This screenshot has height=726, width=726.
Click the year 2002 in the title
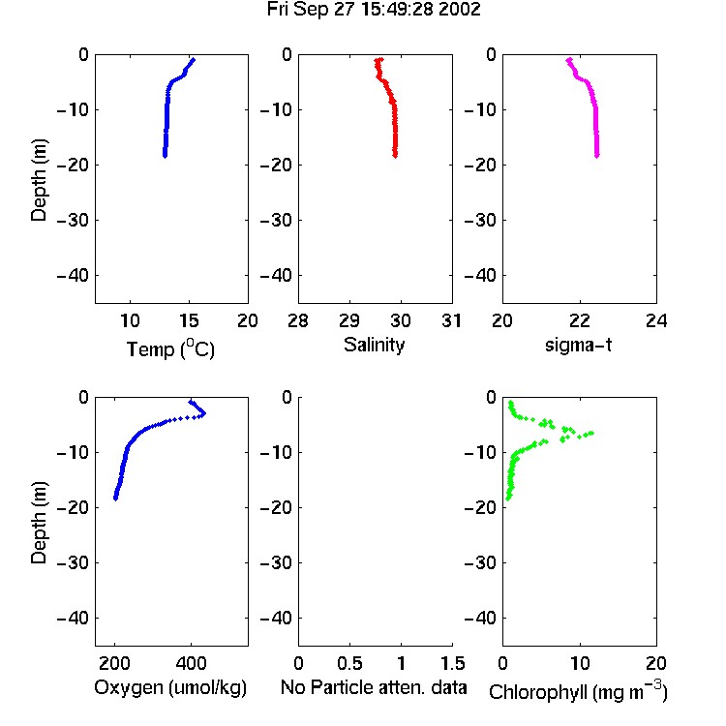click(x=460, y=10)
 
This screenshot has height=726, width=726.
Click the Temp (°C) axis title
click(x=170, y=348)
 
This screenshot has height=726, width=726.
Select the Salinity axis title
click(x=374, y=345)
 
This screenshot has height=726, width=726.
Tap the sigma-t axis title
click(x=578, y=345)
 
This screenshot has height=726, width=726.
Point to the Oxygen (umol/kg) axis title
click(x=170, y=687)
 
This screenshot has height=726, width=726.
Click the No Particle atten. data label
click(x=374, y=687)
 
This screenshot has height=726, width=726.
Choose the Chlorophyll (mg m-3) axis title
click(x=578, y=691)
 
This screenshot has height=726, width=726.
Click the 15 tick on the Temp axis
click(x=189, y=320)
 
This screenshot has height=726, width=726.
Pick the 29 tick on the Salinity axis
click(x=349, y=320)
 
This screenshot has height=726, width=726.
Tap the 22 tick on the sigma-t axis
click(x=580, y=320)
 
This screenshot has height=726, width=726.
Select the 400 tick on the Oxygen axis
click(x=191, y=663)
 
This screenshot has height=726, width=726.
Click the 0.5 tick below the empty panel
click(x=349, y=663)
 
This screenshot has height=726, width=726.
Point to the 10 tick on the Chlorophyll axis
click(x=580, y=663)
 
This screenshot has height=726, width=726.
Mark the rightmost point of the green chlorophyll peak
click(x=591, y=433)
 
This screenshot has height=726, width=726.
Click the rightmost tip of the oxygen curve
click(x=203, y=413)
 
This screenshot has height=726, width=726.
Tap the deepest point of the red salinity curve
click(x=395, y=156)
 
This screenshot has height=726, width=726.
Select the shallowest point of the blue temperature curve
click(x=193, y=60)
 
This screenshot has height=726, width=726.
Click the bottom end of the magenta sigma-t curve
click(x=597, y=156)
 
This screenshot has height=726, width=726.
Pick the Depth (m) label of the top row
click(x=39, y=180)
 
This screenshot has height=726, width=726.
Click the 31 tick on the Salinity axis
click(x=451, y=320)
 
